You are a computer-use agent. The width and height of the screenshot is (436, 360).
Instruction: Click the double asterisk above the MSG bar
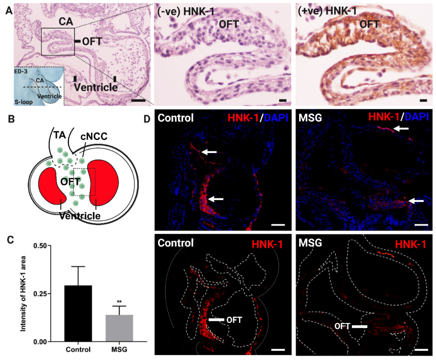(x=119, y=302)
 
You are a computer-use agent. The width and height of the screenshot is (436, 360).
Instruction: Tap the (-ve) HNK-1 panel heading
(x=186, y=12)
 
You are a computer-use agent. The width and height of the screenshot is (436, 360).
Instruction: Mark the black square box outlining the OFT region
(x=58, y=42)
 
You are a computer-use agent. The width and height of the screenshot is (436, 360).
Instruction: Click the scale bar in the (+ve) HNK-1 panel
(x=423, y=101)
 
